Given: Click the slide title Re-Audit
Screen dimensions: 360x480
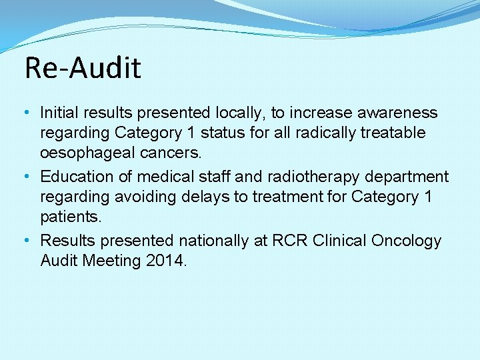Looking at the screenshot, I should click(x=83, y=68).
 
